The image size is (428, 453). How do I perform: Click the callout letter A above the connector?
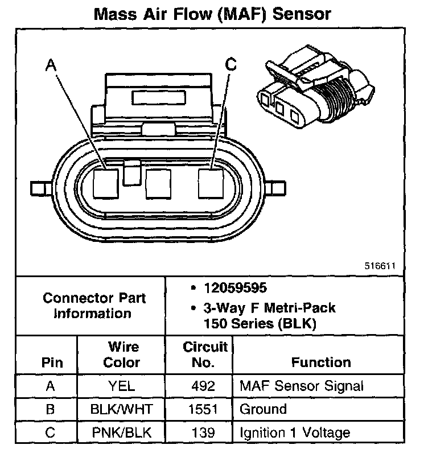51,66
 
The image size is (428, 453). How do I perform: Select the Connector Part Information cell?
94,306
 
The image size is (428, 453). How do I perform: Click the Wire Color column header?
123,354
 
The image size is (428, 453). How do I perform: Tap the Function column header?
321,362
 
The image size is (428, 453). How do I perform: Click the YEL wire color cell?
122,386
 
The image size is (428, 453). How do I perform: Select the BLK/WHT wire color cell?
122,409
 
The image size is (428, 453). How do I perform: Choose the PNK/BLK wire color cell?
122,433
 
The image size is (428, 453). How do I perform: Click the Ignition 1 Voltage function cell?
295,433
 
